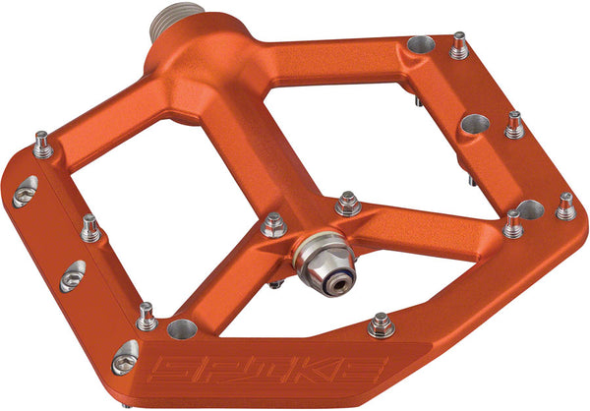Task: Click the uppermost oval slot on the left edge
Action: click(25, 193)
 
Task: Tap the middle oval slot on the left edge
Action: click(72, 275)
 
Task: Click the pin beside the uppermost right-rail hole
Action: click(458, 45)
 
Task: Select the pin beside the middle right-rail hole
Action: click(513, 124)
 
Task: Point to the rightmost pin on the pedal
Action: click(565, 205)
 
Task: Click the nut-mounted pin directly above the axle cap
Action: click(347, 203)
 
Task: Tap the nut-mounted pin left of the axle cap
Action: click(274, 225)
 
